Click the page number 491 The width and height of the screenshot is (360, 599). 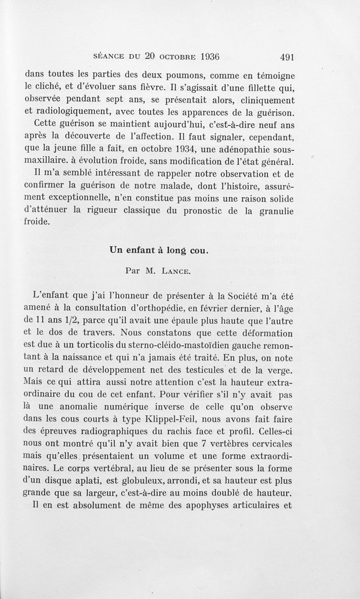pyautogui.click(x=287, y=57)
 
